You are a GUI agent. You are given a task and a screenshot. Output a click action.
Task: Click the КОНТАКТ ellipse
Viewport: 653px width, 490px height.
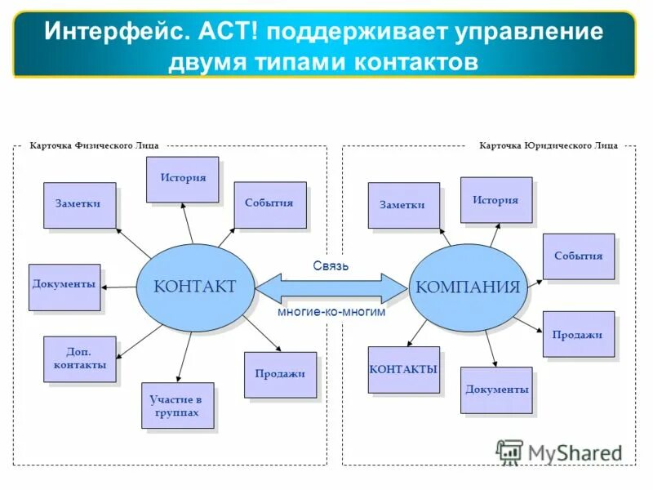[194, 287]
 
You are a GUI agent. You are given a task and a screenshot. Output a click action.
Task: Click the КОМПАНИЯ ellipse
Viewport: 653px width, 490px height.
[468, 287]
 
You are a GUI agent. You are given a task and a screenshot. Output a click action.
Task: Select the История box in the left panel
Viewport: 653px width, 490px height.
[182, 179]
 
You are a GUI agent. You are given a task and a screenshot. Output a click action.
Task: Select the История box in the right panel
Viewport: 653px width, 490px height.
[495, 200]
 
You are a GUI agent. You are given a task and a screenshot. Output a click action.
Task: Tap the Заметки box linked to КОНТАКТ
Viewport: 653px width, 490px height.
[79, 204]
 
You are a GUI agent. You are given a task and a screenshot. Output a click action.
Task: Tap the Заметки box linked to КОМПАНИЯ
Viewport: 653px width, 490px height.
[402, 205]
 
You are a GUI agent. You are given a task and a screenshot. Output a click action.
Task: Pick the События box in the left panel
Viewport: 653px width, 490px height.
[269, 204]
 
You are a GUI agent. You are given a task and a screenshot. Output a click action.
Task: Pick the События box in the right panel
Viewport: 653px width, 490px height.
[578, 256]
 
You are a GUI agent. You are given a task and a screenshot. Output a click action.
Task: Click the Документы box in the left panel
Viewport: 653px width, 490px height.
[64, 287]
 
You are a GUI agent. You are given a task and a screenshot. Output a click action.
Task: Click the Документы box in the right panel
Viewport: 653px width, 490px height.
[496, 390]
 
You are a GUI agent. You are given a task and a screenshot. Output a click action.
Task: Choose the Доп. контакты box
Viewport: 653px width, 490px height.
[79, 359]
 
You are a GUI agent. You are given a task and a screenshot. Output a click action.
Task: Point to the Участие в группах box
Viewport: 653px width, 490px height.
[176, 406]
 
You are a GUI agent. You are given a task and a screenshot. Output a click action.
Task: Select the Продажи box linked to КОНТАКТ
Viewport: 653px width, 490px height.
[279, 374]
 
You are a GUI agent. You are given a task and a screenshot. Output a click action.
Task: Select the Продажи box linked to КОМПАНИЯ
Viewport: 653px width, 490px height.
[578, 334]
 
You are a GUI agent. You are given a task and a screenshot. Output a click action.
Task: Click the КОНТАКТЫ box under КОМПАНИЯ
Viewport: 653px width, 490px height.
[403, 370]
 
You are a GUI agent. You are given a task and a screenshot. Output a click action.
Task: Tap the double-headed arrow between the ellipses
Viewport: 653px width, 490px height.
[331, 287]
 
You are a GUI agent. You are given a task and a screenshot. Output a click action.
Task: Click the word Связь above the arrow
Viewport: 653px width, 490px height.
[331, 265]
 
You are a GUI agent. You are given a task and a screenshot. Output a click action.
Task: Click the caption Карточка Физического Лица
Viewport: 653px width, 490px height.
[94, 145]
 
